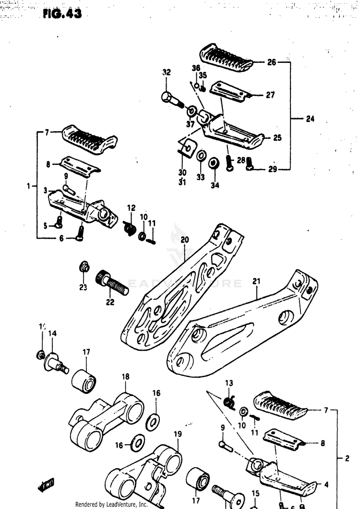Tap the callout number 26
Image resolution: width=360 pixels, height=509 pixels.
click(272, 62)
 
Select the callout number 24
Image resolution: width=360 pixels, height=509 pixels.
click(310, 119)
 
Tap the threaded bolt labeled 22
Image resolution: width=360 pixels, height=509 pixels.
click(113, 283)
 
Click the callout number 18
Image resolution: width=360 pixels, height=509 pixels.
click(125, 377)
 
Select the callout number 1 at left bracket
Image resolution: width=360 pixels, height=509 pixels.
click(29, 185)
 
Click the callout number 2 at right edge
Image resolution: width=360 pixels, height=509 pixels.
click(347, 459)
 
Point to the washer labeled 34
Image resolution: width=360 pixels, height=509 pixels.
click(216, 163)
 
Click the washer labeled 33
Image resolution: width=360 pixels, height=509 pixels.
click(202, 156)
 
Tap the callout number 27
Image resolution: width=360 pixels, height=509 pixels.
click(270, 95)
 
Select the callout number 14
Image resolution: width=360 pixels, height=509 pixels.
click(52, 333)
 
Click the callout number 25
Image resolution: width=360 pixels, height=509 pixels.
click(277, 138)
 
